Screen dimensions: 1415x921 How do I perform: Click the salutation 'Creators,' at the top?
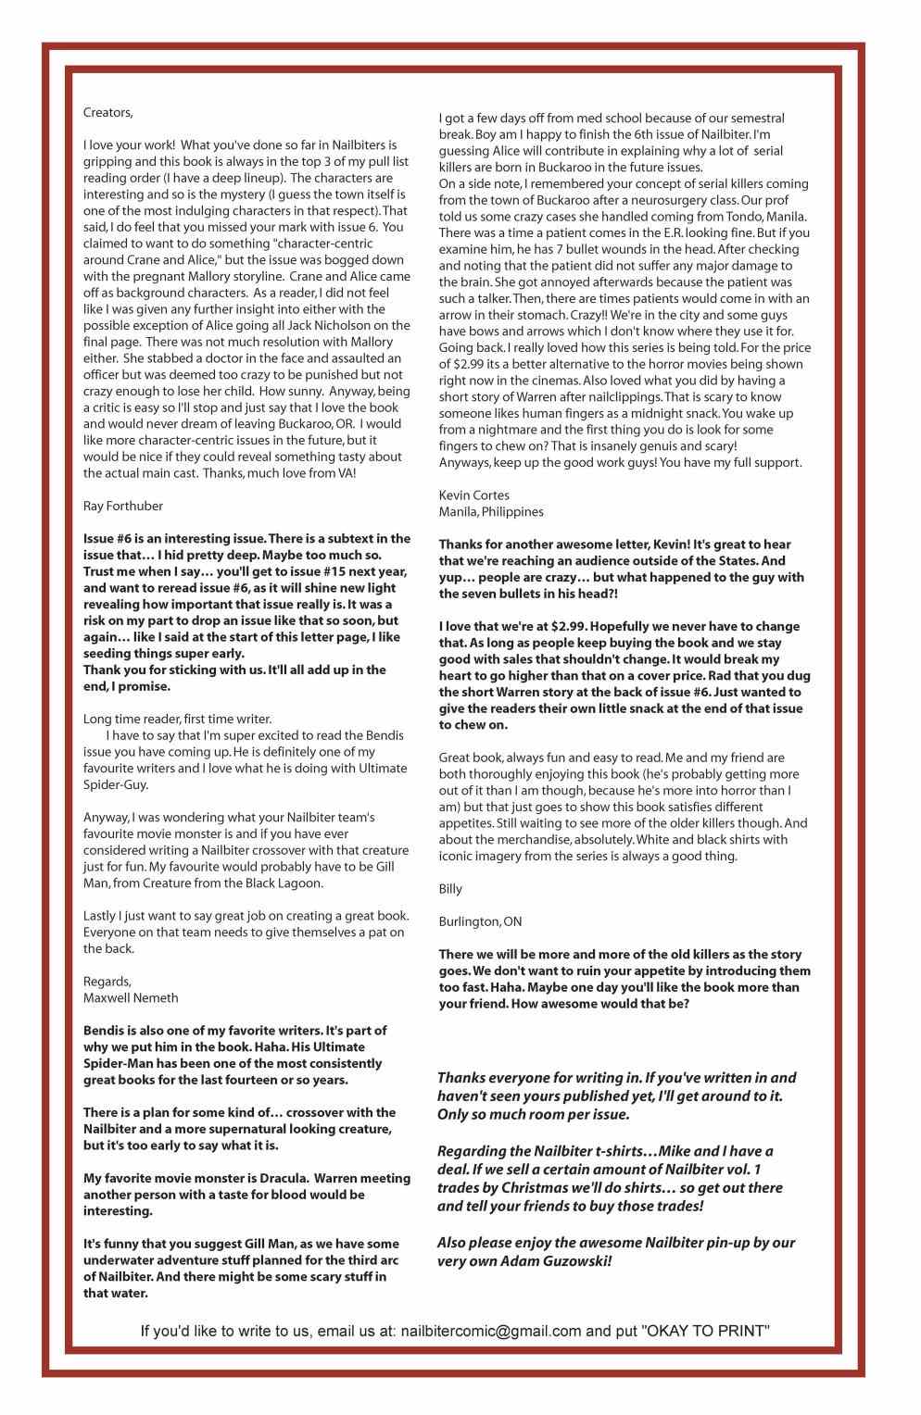[x=108, y=113]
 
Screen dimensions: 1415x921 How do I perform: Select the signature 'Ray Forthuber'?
[x=122, y=506]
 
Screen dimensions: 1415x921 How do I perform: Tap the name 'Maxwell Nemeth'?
[x=131, y=997]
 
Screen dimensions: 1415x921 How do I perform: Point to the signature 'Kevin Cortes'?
[x=473, y=495]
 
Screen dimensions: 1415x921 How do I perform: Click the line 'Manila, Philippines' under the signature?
[x=491, y=512]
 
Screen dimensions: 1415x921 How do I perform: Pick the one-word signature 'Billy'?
[x=450, y=889]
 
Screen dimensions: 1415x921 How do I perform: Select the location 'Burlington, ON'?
[x=480, y=921]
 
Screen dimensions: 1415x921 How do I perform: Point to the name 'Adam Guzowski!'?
[x=560, y=1261]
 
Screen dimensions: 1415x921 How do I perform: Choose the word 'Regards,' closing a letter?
[x=107, y=982]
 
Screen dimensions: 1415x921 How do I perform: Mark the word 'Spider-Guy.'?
[x=116, y=784]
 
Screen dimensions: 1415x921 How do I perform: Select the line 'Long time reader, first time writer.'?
[x=177, y=719]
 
